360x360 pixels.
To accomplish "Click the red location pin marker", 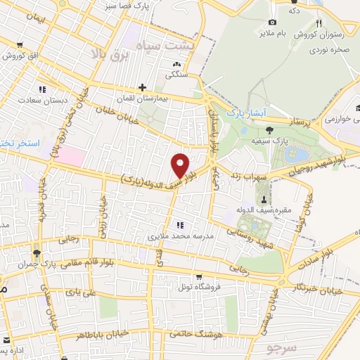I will click(x=181, y=165).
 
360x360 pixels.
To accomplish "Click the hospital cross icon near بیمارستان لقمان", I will click(x=143, y=88).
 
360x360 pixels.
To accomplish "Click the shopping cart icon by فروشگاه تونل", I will click(x=200, y=276).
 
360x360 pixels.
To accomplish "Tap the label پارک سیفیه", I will click(x=268, y=141).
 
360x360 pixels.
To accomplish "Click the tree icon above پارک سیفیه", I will click(x=269, y=129).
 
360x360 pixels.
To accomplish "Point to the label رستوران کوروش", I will click(x=319, y=34).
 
